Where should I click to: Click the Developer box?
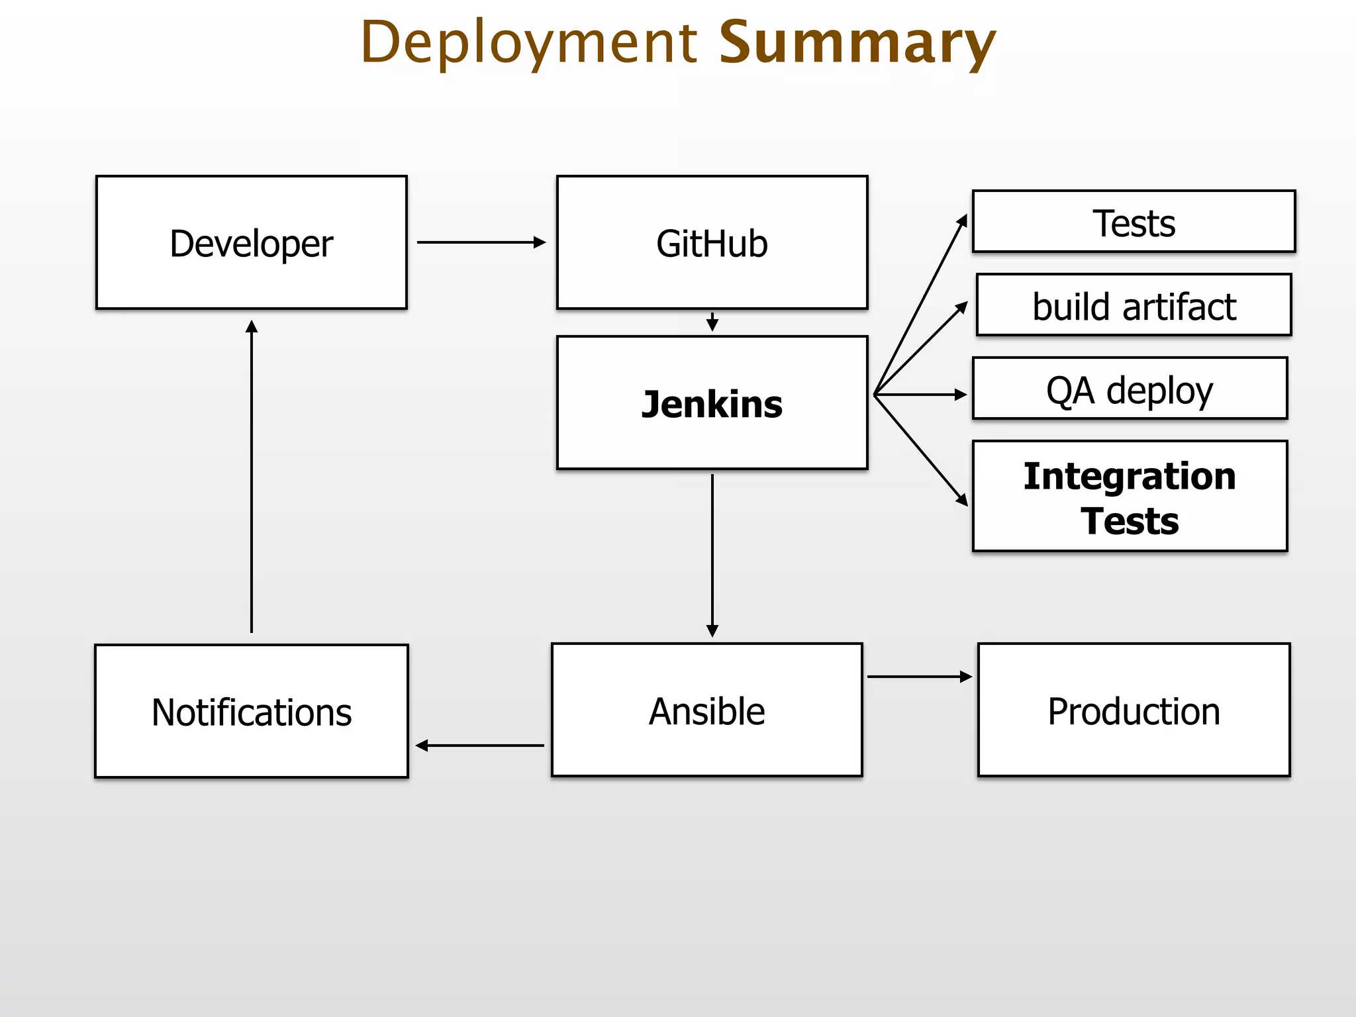click(x=251, y=242)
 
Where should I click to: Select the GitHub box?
click(x=712, y=242)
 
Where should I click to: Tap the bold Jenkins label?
click(x=712, y=404)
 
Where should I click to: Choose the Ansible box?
click(x=706, y=710)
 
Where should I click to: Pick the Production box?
click(x=1134, y=710)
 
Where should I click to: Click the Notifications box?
click(x=251, y=712)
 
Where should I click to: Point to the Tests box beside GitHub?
click(x=1134, y=222)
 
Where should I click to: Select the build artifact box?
click(x=1134, y=305)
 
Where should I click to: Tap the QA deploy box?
click(x=1130, y=389)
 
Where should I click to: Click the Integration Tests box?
click(x=1130, y=497)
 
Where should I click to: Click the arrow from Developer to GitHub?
click(x=481, y=242)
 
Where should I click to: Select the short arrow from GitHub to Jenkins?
click(x=712, y=323)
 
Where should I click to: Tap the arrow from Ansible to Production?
click(x=919, y=677)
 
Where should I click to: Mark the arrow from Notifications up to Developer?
click(x=252, y=477)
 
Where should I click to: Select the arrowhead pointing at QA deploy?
click(x=961, y=395)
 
